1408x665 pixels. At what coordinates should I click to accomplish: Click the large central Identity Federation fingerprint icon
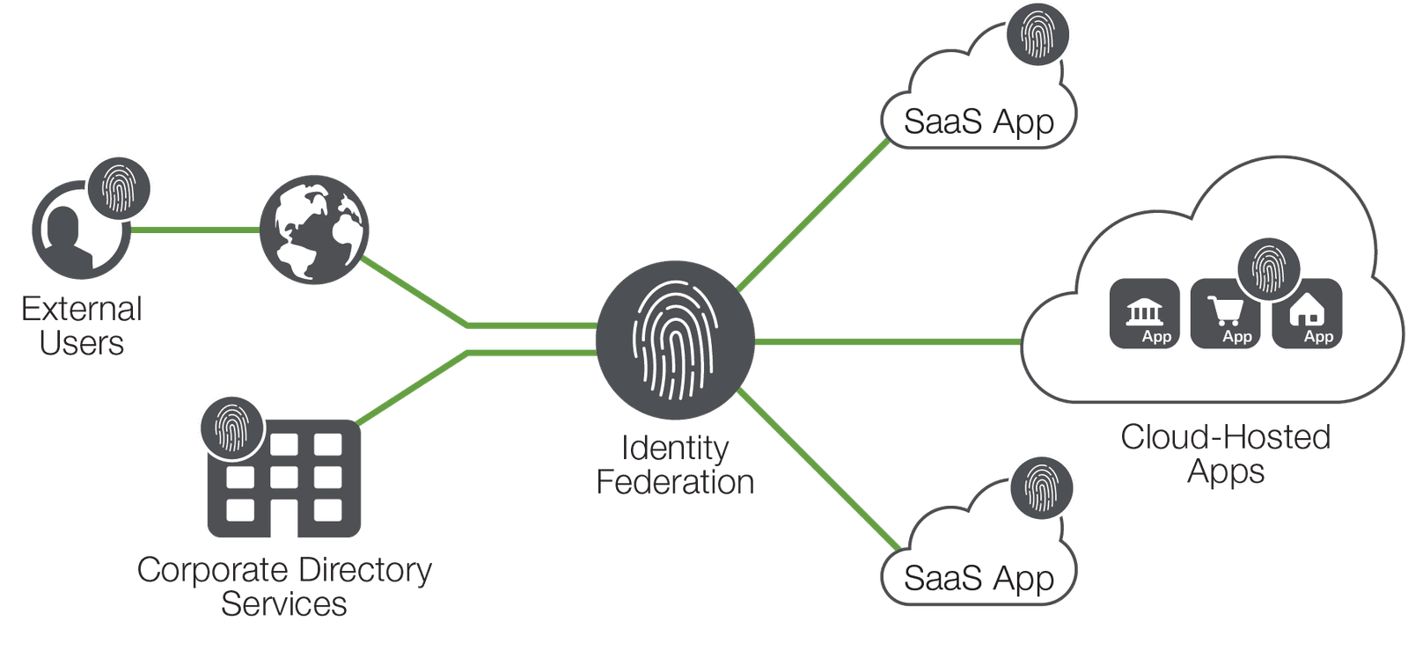click(x=675, y=340)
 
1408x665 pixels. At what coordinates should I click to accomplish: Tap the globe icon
click(x=314, y=230)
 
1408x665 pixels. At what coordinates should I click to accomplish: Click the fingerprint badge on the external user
click(x=120, y=187)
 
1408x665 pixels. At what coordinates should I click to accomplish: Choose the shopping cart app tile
click(x=1226, y=315)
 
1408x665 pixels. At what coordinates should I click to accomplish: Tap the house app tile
click(x=1308, y=314)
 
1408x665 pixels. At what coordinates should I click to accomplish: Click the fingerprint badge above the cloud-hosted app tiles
click(x=1268, y=269)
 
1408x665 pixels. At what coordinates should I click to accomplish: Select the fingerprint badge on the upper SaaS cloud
click(x=1038, y=34)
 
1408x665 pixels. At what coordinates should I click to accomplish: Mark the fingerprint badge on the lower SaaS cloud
click(x=1042, y=486)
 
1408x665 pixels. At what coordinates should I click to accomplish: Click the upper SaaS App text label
click(x=979, y=122)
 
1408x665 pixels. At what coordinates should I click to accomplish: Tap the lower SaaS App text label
click(x=979, y=579)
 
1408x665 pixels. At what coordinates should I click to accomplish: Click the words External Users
click(x=81, y=326)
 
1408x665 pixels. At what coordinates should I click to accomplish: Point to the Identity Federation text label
click(x=675, y=465)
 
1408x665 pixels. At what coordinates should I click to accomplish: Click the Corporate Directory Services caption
click(x=284, y=587)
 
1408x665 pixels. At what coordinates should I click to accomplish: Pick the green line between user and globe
click(x=195, y=230)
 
